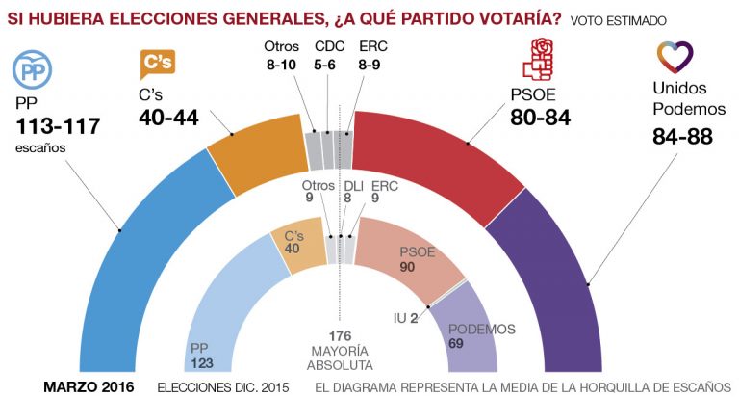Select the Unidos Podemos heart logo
tap(675, 59)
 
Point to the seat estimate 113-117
tap(58, 126)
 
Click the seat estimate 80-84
tap(540, 119)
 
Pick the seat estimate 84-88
tap(681, 137)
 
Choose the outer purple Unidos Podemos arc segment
tap(558, 260)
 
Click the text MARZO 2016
tap(89, 386)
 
